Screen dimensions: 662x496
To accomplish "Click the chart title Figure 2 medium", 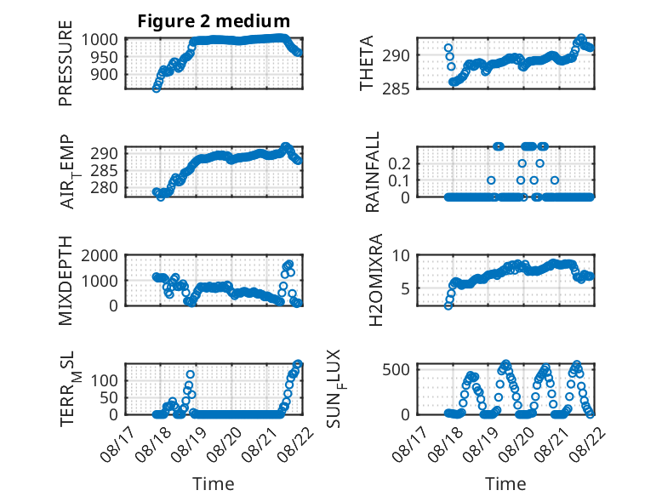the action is coord(214,20).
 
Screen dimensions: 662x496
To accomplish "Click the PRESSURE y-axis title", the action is coord(66,63).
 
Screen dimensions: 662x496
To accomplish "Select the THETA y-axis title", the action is coord(367,63).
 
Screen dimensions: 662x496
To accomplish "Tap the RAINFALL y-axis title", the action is coord(373,171).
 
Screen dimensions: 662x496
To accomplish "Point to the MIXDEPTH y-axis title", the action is coord(66,280).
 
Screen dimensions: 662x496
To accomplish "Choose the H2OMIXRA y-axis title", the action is coord(375,280).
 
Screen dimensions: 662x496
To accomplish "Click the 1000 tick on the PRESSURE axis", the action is coord(100,40).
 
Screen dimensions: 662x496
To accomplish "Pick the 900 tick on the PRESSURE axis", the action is coord(105,74).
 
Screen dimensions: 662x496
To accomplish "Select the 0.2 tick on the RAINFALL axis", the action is coord(399,163).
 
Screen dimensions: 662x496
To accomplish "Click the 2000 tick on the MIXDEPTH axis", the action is coord(100,255).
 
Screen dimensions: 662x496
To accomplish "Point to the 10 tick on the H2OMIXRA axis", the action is coord(401,255).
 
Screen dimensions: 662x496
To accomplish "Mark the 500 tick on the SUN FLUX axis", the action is coord(396,369).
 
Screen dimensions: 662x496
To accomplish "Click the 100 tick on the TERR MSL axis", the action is coord(105,381).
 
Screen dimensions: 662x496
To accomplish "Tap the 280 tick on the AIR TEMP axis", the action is coord(105,188).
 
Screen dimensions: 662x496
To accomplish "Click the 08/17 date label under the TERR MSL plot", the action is coord(118,442).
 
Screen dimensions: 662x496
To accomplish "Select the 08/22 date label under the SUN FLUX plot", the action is coord(588,442).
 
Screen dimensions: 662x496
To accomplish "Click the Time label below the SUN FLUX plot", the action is coord(505,483).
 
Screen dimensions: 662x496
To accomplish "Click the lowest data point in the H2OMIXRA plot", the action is coord(448,305).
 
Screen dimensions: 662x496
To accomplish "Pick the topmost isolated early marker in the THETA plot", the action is coord(448,48).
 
